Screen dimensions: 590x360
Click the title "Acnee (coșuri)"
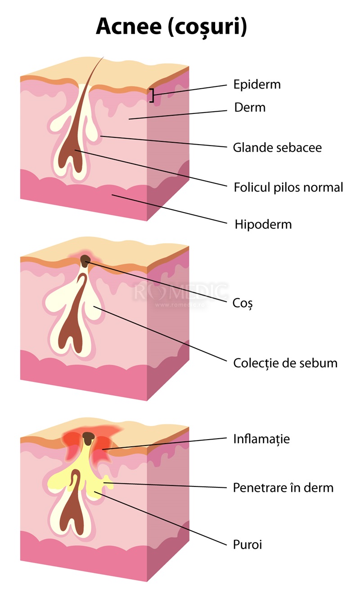click(x=171, y=27)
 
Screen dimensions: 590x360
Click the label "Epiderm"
click(x=256, y=84)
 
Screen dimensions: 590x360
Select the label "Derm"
click(x=250, y=108)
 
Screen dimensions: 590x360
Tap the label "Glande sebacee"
click(x=277, y=147)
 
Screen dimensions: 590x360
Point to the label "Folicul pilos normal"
click(x=288, y=187)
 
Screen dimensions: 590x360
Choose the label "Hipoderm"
click(x=263, y=224)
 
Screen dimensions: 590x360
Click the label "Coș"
click(x=243, y=303)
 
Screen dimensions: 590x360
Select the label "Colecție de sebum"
click(x=285, y=363)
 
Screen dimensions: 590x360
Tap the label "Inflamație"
click(x=261, y=439)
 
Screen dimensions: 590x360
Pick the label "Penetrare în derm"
click(x=283, y=487)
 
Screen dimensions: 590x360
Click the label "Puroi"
click(x=247, y=545)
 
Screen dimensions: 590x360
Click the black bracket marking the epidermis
click(x=152, y=95)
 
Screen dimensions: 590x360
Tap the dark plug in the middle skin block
click(x=85, y=259)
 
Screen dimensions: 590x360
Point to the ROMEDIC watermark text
click(x=180, y=292)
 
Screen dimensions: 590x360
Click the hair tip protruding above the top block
click(x=102, y=59)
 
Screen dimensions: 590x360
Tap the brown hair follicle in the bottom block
click(x=72, y=513)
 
